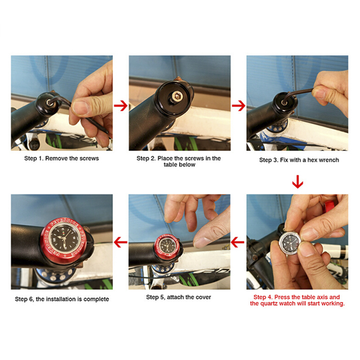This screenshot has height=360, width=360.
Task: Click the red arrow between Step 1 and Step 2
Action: click(121, 106)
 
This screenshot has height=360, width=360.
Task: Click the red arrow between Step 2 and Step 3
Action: click(238, 106)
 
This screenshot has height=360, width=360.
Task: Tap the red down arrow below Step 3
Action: click(297, 182)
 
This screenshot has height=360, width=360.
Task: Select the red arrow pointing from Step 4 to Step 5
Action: click(238, 242)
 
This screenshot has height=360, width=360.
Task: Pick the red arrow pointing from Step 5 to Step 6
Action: click(121, 242)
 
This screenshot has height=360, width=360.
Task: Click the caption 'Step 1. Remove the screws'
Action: click(62, 158)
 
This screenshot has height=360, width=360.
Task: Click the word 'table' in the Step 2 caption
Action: click(171, 165)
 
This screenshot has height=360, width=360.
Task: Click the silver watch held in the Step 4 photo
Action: click(290, 244)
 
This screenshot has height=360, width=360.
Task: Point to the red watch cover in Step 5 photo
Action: click(166, 246)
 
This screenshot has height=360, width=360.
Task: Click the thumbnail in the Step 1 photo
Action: click(81, 108)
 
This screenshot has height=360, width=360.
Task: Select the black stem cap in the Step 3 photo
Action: click(285, 103)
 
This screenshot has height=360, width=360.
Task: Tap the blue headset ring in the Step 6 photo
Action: click(55, 275)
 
